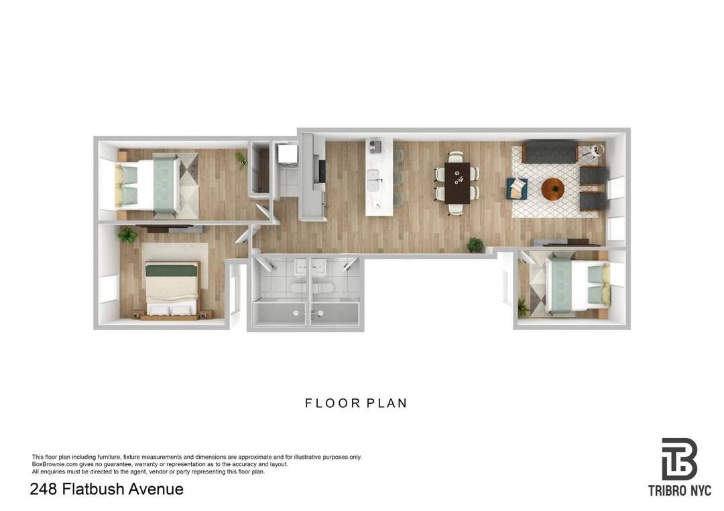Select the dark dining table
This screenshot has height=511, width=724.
(458, 181)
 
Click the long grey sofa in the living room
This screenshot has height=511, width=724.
(550, 153)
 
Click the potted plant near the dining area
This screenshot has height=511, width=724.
(475, 244)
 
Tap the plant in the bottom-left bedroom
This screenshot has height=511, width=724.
(127, 234)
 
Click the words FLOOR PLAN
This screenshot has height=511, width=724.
(356, 403)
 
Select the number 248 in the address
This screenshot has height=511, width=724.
(44, 489)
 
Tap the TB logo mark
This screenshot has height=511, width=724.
(679, 459)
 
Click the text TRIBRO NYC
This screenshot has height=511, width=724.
(679, 491)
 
